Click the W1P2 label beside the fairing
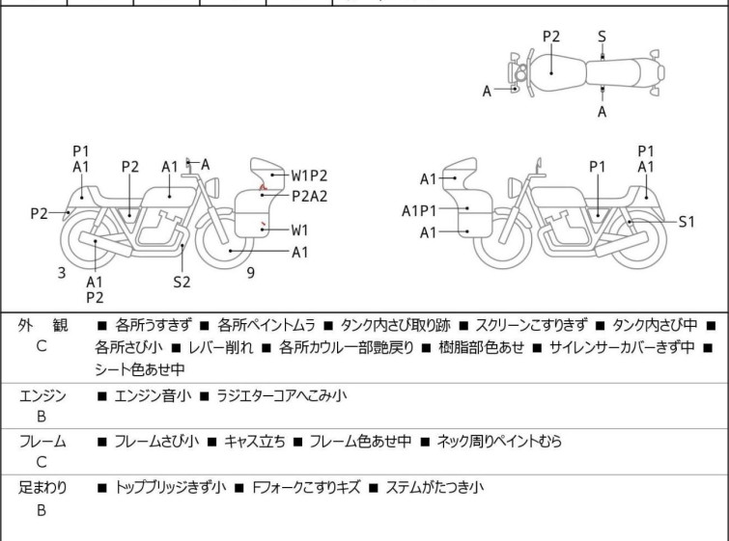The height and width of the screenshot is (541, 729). (x=309, y=176)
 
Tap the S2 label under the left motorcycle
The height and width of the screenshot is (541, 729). (x=182, y=282)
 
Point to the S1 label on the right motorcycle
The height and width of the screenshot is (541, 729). (x=687, y=221)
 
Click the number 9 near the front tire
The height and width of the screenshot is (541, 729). (x=250, y=272)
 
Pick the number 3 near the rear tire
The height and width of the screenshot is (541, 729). (x=62, y=273)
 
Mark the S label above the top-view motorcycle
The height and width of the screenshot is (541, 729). (x=602, y=37)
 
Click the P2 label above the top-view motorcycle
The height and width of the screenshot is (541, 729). (x=551, y=37)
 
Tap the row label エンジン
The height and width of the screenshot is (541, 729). (x=42, y=395)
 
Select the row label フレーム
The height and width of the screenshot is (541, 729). (x=42, y=442)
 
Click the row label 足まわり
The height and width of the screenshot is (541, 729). (x=42, y=488)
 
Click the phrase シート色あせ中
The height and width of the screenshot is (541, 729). (x=140, y=369)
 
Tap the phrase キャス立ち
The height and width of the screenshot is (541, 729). (x=255, y=442)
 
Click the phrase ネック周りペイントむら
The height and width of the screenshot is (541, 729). (x=498, y=442)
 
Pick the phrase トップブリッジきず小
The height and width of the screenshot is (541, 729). (x=170, y=488)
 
